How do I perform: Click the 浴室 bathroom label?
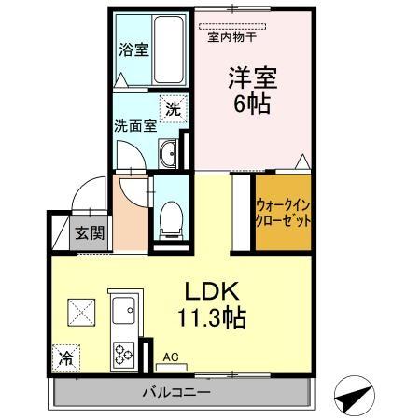click(133, 50)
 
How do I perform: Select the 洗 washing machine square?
click(172, 107)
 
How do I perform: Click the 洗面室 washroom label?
click(134, 126)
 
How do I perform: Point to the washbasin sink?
click(167, 154)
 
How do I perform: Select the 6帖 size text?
click(250, 104)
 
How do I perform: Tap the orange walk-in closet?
click(283, 214)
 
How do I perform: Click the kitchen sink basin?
click(124, 309)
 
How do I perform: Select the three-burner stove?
click(124, 354)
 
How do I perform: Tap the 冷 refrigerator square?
click(67, 357)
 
